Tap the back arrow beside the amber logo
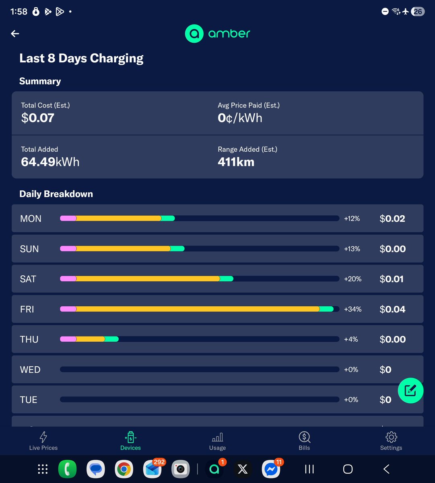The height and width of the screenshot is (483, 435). click(x=15, y=34)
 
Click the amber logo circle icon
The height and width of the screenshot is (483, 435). click(x=194, y=34)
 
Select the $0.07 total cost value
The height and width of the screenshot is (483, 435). click(x=37, y=118)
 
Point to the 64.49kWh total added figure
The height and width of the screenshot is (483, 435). click(x=50, y=162)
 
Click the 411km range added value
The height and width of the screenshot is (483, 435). click(x=236, y=162)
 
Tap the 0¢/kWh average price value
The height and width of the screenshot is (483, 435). click(x=240, y=118)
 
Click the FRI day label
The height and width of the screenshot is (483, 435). click(x=27, y=309)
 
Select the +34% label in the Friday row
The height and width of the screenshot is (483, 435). click(x=353, y=309)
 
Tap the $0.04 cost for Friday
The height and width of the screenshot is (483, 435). click(x=392, y=309)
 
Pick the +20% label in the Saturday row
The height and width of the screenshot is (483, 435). click(x=353, y=279)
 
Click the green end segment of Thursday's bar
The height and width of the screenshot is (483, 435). click(x=112, y=339)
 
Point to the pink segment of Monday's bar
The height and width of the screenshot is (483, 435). click(x=68, y=219)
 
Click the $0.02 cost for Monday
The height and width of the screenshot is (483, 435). click(x=392, y=219)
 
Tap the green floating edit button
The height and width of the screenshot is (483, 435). click(x=410, y=390)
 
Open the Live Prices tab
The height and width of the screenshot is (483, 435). click(x=43, y=441)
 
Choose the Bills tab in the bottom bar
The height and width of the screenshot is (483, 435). click(x=304, y=441)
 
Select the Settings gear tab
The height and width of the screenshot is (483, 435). click(x=391, y=441)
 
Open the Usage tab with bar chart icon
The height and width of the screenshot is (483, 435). click(x=217, y=441)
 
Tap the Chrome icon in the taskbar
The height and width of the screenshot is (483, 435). click(x=124, y=469)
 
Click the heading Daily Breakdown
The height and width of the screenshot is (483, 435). click(x=56, y=194)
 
